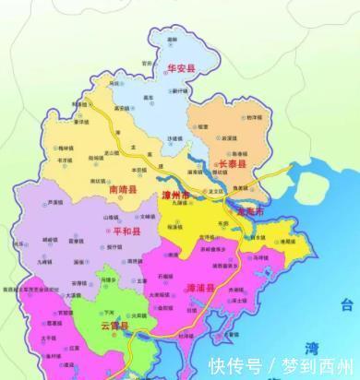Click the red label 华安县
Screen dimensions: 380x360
(182, 67)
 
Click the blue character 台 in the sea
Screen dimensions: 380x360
(347, 305)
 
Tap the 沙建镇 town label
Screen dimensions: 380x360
(174, 137)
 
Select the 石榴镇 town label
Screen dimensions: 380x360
(169, 276)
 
